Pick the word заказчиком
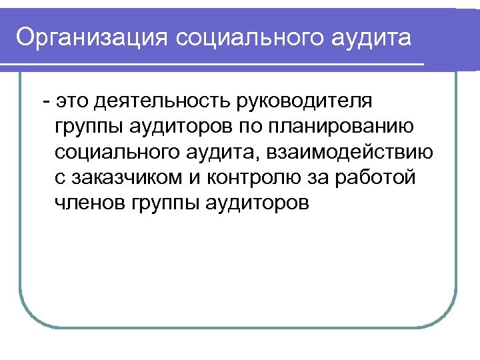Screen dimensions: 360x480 132,178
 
